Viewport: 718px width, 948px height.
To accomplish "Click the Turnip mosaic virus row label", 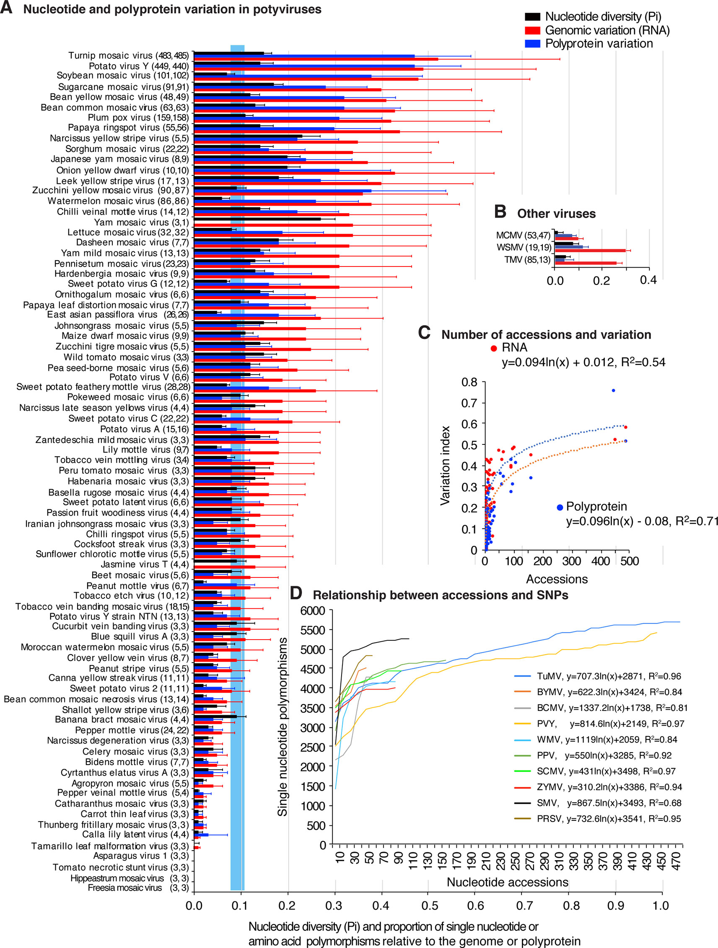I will (128, 55).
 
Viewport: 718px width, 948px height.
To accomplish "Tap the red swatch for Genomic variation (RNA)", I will (532, 30).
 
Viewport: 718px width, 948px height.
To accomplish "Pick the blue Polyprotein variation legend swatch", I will (532, 43).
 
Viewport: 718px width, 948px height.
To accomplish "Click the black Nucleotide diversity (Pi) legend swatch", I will (532, 17).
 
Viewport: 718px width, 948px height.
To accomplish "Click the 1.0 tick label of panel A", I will (661, 906).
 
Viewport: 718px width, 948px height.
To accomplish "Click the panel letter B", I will (500, 212).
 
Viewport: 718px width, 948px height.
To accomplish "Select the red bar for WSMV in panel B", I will (590, 250).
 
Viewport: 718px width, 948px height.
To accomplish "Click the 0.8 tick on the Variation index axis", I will (469, 382).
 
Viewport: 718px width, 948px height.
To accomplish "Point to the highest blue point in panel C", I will (613, 390).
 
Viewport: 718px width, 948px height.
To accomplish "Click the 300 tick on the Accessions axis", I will (571, 561).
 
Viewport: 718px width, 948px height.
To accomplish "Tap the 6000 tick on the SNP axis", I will (313, 610).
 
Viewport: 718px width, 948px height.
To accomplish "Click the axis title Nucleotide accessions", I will (507, 882).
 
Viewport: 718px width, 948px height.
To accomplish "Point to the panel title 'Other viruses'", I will (556, 214).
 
